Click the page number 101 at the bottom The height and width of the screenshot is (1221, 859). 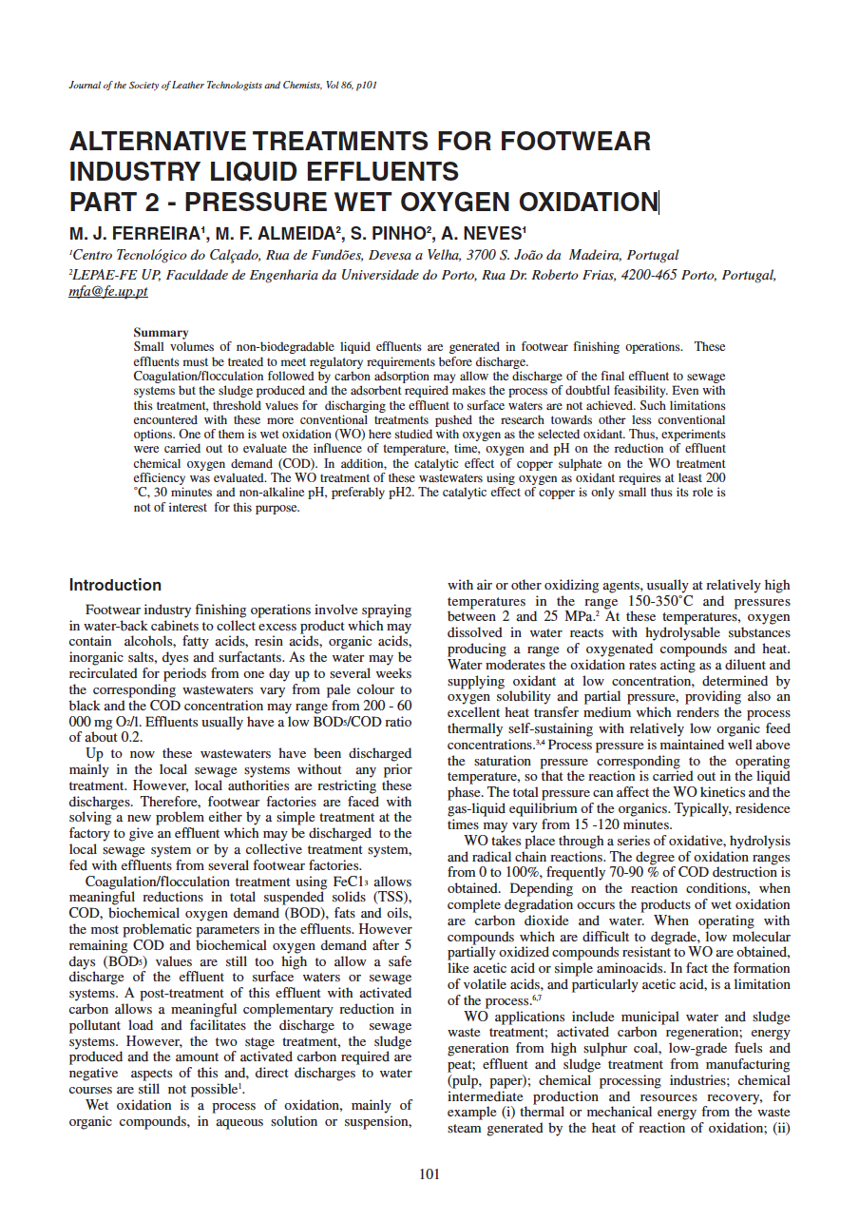429,1174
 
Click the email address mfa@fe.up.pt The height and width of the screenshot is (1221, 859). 108,293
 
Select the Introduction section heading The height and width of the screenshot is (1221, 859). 115,585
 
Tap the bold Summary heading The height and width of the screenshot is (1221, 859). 161,333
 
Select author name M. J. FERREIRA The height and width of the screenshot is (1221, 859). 136,234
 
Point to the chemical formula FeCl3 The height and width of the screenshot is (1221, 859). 354,882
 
